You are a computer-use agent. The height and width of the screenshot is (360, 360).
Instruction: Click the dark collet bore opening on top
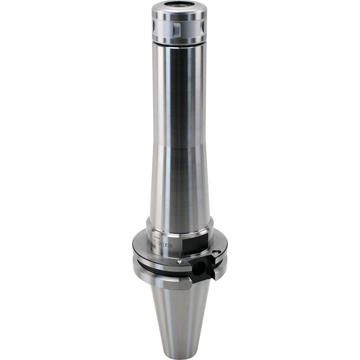click(179, 5)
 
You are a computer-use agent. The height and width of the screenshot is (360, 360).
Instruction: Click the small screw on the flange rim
click(179, 262)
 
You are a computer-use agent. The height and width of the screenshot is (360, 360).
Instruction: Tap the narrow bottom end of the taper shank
click(179, 351)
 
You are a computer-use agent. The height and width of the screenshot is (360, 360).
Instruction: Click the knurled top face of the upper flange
click(151, 252)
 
